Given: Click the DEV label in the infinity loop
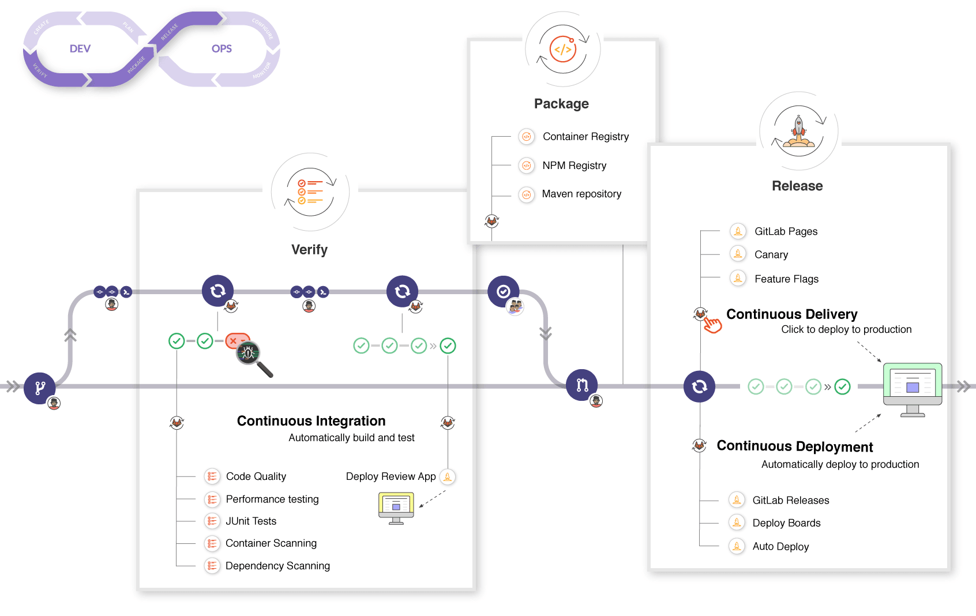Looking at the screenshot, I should pos(80,49).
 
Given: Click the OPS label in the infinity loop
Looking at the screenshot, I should pos(222,49).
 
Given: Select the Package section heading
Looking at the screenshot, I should pos(561,104).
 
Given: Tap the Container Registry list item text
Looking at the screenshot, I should pos(585,137).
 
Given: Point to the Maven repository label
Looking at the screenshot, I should pos(581,194).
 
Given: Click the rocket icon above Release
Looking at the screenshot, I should pos(799,132).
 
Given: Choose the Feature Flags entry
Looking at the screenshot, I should pos(786,279).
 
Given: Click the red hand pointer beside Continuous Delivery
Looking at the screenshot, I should pos(712,325).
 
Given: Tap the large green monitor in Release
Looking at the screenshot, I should pos(913,386).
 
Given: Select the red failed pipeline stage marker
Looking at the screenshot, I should pos(237,341).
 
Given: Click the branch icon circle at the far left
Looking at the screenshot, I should pos(40,388).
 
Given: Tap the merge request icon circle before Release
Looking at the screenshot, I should pos(581,385).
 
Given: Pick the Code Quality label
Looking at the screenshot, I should pos(256,476).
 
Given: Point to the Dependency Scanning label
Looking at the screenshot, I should pos(277,566).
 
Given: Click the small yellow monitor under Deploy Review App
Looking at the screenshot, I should pos(396,506).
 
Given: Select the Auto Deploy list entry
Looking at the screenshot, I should pos(780,547).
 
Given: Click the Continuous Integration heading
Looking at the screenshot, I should pos(311,421).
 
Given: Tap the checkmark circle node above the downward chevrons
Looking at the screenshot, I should pos(504,291).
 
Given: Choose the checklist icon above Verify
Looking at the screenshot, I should pos(310,193).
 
